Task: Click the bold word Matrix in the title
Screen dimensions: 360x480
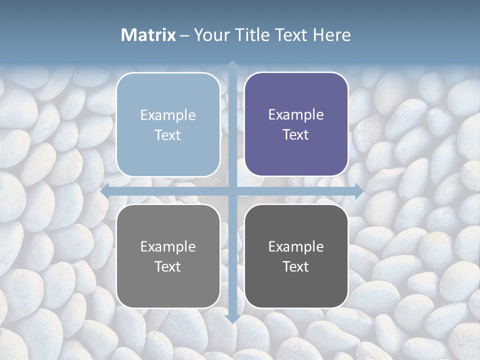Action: (148, 35)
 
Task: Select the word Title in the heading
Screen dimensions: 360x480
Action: (251, 35)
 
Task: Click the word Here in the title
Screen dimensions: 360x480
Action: (331, 35)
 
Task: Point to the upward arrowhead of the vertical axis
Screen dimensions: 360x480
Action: (232, 64)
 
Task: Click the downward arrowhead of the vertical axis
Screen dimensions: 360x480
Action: (232, 318)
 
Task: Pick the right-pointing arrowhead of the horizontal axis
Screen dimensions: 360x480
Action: (359, 191)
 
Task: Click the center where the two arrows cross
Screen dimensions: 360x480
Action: (232, 191)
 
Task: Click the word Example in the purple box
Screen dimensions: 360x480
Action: (296, 115)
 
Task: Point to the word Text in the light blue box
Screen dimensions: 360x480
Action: (168, 135)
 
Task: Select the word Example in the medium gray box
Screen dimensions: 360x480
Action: (168, 246)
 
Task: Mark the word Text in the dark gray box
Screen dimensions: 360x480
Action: (296, 266)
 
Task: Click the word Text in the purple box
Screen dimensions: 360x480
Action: (296, 135)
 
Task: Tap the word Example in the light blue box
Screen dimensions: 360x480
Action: (168, 115)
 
